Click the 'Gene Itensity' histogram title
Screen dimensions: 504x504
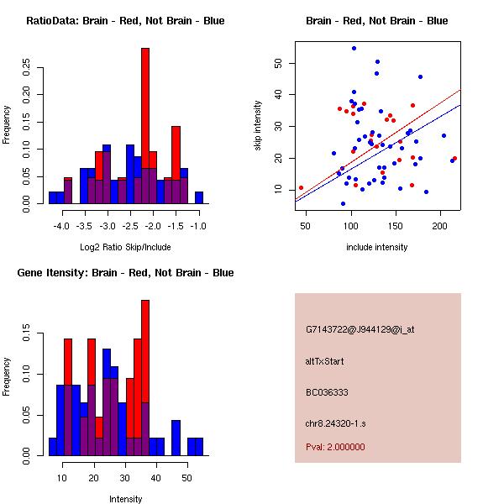125,272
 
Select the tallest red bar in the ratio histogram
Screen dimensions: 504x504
144,126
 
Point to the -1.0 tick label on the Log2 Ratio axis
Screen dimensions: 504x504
199,227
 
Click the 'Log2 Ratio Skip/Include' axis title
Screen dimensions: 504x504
125,247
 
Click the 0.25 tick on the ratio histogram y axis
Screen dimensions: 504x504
26,67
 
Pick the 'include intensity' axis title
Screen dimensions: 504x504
376,247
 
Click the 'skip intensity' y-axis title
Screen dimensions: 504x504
258,126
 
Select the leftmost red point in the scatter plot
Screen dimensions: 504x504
301,188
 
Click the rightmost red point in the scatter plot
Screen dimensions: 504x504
454,158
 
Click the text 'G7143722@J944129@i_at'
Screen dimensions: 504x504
360,329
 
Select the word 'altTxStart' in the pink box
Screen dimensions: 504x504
324,361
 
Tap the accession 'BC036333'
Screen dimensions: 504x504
327,392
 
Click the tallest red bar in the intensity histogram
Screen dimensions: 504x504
144,378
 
